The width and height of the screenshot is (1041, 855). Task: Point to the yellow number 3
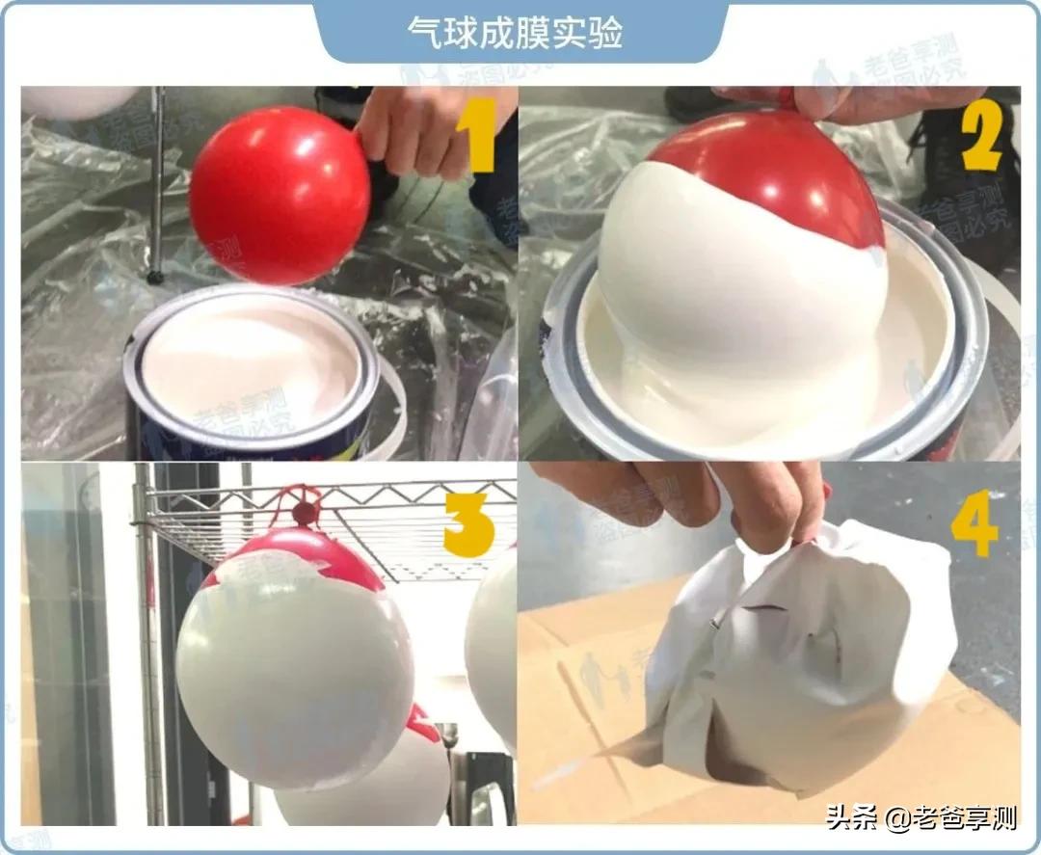click(468, 525)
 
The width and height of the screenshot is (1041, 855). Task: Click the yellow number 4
click(974, 525)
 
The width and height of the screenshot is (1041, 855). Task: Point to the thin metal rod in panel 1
click(156, 183)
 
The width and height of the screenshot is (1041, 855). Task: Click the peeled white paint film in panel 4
click(819, 655)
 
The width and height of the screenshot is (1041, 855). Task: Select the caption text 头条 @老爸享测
click(921, 820)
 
